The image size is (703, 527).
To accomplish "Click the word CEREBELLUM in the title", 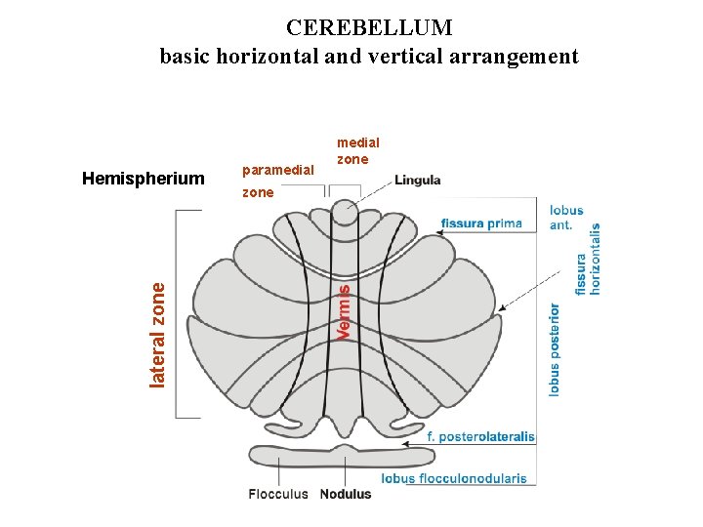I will [x=370, y=27].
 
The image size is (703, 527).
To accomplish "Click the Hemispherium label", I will [x=144, y=179].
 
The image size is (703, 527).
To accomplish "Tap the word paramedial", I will [x=278, y=171].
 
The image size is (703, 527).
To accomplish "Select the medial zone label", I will [x=357, y=151].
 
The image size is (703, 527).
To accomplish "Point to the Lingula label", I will [x=418, y=180].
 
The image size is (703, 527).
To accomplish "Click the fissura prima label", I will [x=480, y=223].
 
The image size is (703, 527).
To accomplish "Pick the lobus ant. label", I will [x=566, y=217].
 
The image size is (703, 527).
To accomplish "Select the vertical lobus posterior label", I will [x=555, y=348].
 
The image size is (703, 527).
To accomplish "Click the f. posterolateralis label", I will [x=481, y=437].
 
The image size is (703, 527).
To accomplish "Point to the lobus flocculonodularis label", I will [x=454, y=479].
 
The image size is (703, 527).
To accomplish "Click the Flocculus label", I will [x=278, y=494].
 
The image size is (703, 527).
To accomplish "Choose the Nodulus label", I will [x=346, y=494].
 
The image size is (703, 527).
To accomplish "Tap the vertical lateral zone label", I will [x=158, y=333].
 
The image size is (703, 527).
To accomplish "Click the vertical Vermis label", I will [x=343, y=311].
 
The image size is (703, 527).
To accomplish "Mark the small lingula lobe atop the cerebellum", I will [x=344, y=212].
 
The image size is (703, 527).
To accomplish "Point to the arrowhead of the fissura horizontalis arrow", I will [x=501, y=309].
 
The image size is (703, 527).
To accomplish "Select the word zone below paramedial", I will [x=258, y=192].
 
